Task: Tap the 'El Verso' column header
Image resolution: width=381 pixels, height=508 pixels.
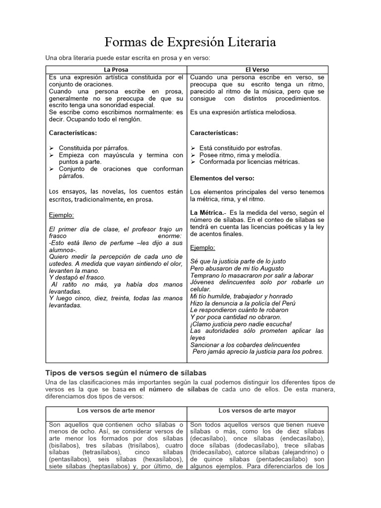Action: pyautogui.click(x=257, y=69)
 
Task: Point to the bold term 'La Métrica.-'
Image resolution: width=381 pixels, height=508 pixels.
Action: pyautogui.click(x=208, y=212)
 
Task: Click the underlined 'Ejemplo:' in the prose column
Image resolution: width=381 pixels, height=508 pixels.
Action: pyautogui.click(x=62, y=215)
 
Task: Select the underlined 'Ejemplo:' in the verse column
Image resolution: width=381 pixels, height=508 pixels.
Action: pyautogui.click(x=202, y=247)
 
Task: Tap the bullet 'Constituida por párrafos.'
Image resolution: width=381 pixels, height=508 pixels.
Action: pyautogui.click(x=94, y=148)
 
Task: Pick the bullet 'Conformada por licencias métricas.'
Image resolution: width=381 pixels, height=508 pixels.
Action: pyautogui.click(x=249, y=162)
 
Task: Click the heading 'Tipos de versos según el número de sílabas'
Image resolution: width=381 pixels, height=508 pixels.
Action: pyautogui.click(x=126, y=373)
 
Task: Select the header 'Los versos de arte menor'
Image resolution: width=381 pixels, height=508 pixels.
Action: pyautogui.click(x=116, y=410)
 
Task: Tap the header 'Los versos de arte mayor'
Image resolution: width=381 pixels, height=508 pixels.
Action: pyautogui.click(x=257, y=410)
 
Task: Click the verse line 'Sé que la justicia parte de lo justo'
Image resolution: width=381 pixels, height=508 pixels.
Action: pyautogui.click(x=238, y=261)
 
